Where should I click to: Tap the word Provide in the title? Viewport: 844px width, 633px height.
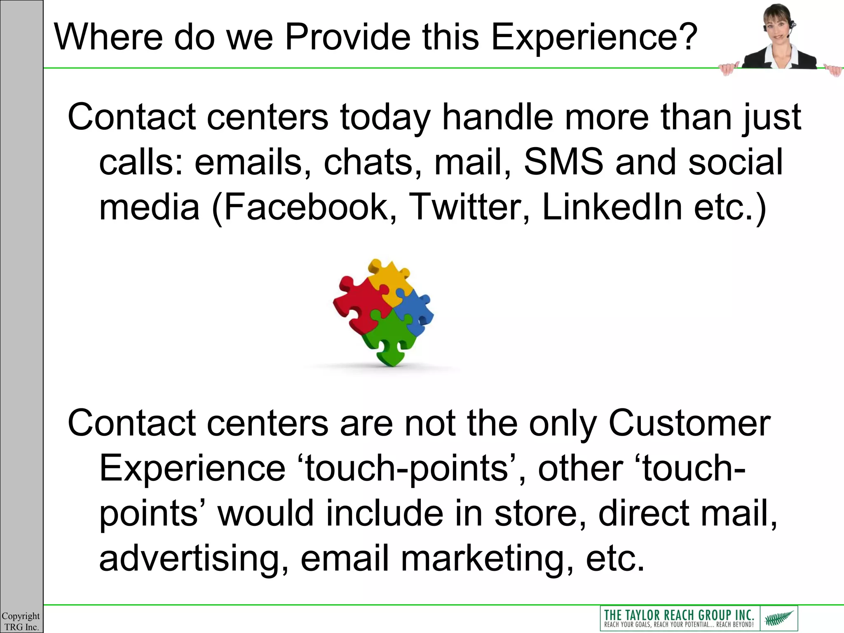(x=347, y=37)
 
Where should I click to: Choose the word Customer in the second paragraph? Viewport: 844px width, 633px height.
(x=689, y=423)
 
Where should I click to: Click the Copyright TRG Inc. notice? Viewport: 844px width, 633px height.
(x=21, y=621)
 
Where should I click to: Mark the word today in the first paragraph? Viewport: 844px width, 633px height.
(x=385, y=117)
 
